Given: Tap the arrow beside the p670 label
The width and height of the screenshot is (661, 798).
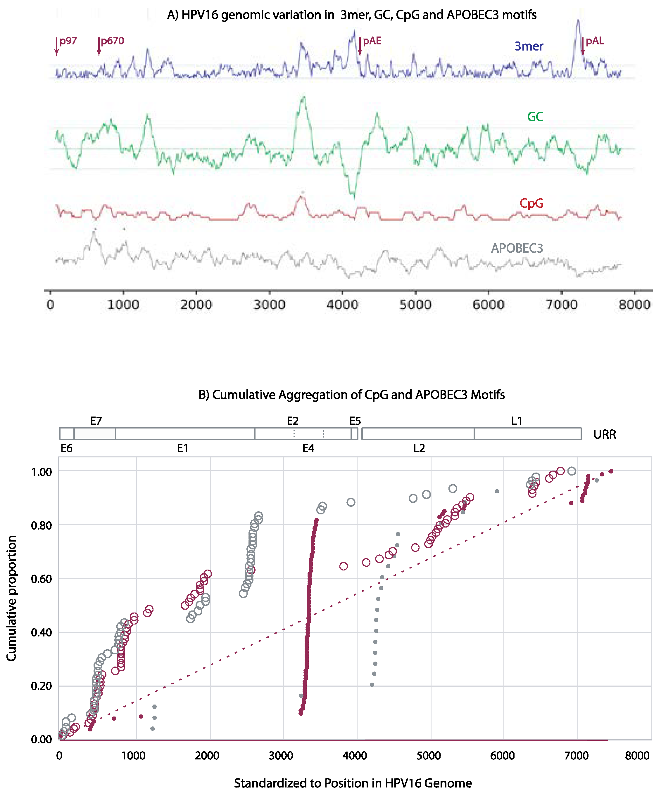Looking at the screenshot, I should tap(99, 46).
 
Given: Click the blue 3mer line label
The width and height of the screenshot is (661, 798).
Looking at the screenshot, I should tap(529, 46).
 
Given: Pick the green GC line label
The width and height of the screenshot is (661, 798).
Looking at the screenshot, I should tap(535, 117).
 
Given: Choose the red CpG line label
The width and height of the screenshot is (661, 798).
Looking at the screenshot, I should tap(531, 203).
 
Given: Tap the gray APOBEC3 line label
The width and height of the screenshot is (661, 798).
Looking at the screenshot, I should tap(517, 248).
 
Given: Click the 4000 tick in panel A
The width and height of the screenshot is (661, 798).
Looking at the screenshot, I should tap(342, 305).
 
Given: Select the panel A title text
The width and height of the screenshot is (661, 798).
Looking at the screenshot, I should tap(351, 15).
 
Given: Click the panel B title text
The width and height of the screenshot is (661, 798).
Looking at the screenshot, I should tap(351, 395).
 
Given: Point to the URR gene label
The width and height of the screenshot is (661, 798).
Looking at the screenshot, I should tap(604, 434).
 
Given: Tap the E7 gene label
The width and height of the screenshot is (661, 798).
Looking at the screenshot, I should tap(96, 421).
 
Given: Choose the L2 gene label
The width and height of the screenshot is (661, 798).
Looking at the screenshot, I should tap(419, 448).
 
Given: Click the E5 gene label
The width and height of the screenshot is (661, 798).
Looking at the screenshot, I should tap(355, 421).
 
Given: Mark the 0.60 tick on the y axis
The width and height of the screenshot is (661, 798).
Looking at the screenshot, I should tap(41, 579).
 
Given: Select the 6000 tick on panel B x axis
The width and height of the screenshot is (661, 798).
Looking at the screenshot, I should tap(502, 755).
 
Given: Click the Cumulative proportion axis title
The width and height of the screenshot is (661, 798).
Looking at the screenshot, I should tap(11, 598).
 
